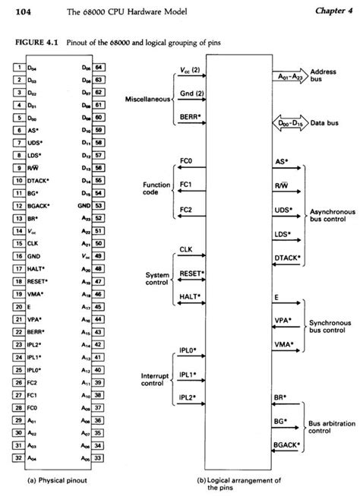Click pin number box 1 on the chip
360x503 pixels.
[x=17, y=67]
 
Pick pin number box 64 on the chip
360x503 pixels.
[x=99, y=67]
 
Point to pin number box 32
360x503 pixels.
[x=17, y=458]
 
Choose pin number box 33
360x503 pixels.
[x=99, y=458]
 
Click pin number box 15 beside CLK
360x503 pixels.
[x=17, y=243]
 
